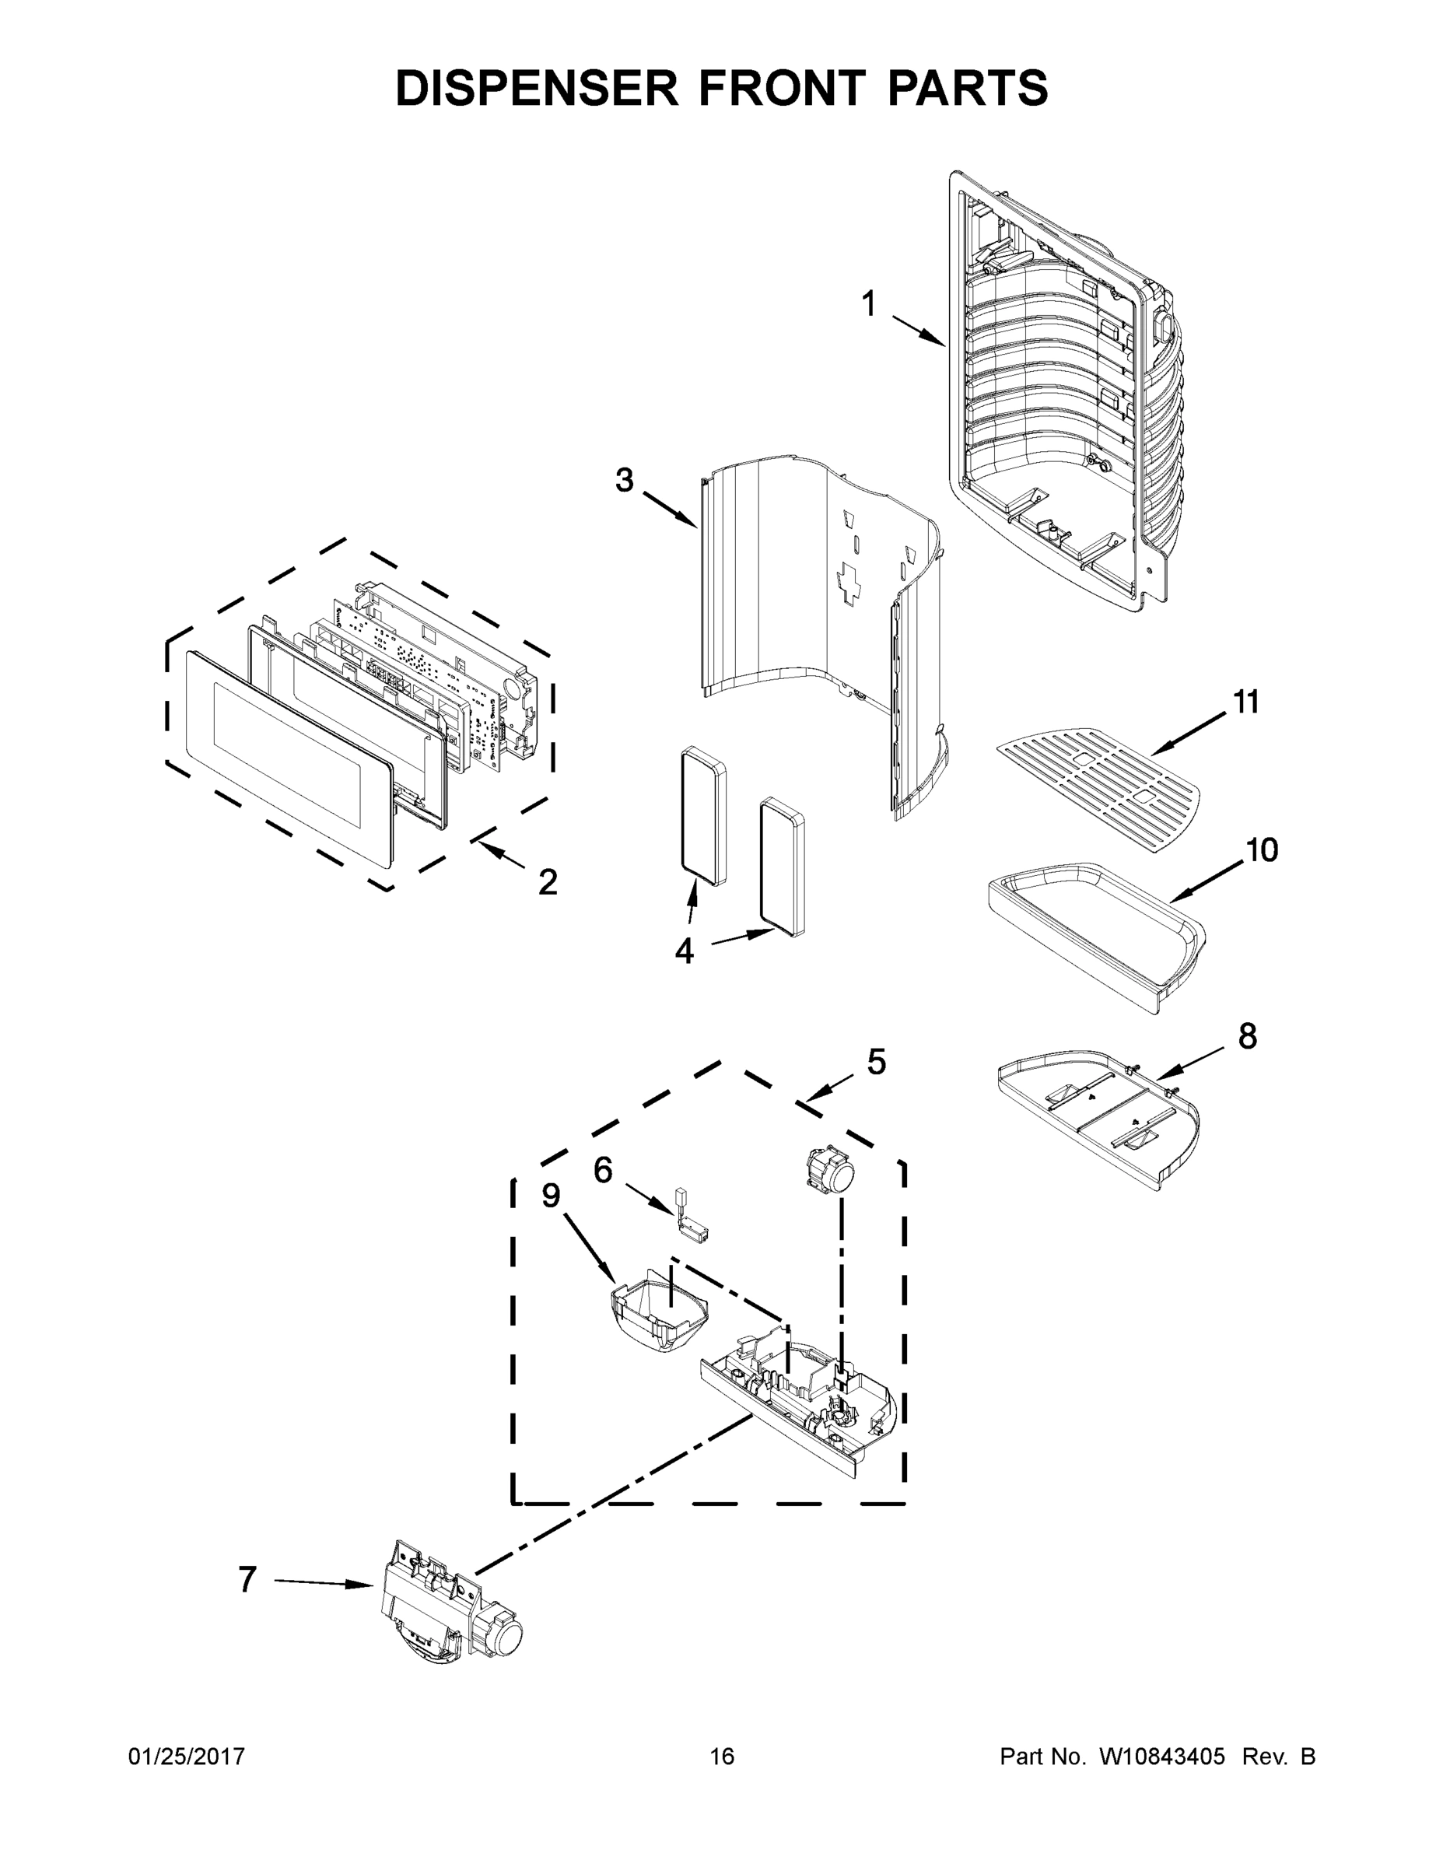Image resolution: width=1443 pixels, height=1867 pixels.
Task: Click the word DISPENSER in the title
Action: point(536,88)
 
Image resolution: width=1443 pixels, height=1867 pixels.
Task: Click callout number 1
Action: point(869,304)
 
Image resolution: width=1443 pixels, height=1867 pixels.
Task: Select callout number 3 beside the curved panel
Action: point(625,481)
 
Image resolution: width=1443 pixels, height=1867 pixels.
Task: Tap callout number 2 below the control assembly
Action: point(548,881)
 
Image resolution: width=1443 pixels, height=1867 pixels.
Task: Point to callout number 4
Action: point(684,951)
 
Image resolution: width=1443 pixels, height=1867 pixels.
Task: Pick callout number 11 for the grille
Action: point(1245,702)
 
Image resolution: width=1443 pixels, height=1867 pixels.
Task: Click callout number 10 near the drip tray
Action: point(1261,849)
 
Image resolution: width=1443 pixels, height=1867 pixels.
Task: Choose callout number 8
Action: point(1247,1036)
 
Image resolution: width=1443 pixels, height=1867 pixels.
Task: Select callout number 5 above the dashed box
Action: point(876,1063)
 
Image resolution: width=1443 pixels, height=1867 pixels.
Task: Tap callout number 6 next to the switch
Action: point(603,1170)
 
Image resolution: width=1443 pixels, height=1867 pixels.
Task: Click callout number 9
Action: point(551,1195)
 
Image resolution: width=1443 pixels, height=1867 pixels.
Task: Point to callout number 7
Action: point(247,1580)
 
